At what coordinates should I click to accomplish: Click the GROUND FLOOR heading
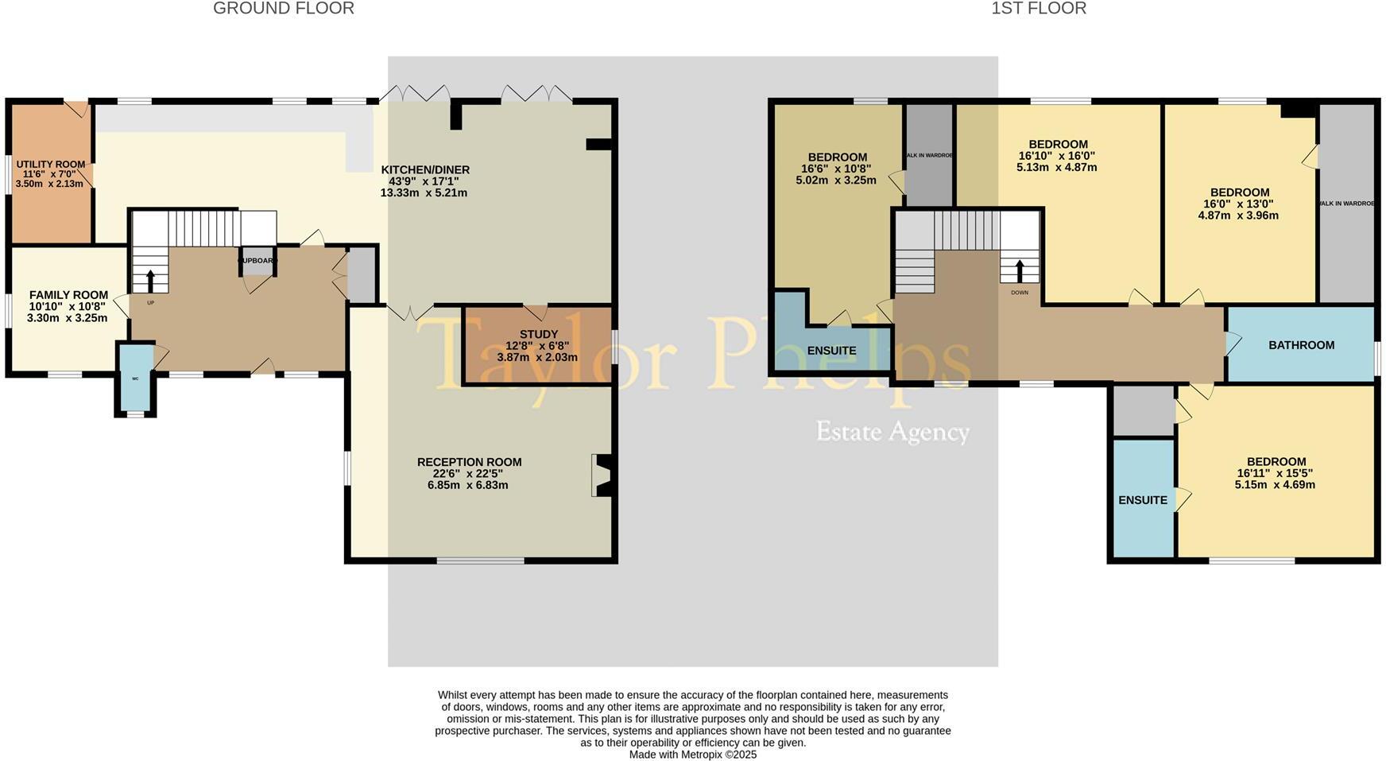(284, 9)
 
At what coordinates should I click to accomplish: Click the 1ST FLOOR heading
(1038, 9)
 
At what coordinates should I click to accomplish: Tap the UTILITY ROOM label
(50, 165)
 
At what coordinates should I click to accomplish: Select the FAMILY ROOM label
(68, 295)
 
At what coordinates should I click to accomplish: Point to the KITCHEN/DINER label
(425, 170)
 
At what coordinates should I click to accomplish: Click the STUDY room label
(538, 335)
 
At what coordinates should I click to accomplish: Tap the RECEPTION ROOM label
(469, 462)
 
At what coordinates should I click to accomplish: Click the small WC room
(135, 379)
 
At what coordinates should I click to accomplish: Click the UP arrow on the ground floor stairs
(150, 281)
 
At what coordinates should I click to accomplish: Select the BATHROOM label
(1301, 345)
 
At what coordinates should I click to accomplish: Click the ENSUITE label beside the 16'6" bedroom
(831, 351)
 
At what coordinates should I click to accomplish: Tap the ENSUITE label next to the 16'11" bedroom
(1142, 500)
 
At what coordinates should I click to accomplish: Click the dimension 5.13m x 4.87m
(1056, 168)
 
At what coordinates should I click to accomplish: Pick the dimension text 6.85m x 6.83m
(467, 485)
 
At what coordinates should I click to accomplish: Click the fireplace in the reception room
(602, 476)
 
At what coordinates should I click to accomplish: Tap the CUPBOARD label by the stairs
(257, 261)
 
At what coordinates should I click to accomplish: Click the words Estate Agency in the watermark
(892, 432)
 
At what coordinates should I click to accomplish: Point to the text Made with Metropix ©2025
(692, 755)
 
